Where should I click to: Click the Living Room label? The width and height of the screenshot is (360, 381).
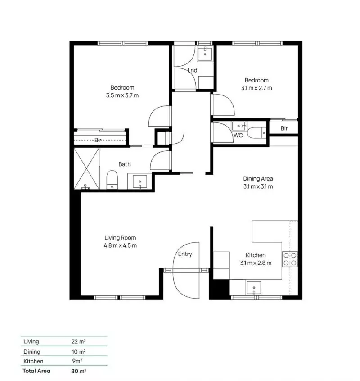click(x=120, y=238)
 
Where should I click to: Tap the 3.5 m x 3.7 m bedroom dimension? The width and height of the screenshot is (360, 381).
click(x=122, y=95)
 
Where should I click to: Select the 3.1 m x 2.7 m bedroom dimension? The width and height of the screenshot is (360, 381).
click(x=256, y=88)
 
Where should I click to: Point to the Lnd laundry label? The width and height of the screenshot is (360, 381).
click(x=193, y=70)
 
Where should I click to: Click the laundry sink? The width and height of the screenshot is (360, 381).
click(x=205, y=53)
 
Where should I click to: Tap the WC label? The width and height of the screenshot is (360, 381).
click(x=238, y=135)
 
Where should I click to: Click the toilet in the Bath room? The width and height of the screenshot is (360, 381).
click(x=112, y=181)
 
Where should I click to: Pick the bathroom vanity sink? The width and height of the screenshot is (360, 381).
click(x=141, y=182)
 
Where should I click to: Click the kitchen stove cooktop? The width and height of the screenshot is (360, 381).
click(x=289, y=259)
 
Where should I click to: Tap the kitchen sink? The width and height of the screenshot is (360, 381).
click(x=254, y=287)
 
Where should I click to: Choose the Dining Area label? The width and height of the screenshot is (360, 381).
click(x=258, y=178)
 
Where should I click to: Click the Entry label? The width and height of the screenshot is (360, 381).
click(x=185, y=254)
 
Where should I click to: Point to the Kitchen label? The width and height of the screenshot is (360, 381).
click(x=256, y=255)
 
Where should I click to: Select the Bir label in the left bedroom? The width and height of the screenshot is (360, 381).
click(x=98, y=141)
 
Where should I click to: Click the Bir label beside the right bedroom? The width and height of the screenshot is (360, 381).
click(x=284, y=128)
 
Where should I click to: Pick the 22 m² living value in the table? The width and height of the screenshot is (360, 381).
click(x=75, y=342)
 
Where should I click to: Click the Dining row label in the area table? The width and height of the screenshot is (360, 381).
click(x=32, y=352)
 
